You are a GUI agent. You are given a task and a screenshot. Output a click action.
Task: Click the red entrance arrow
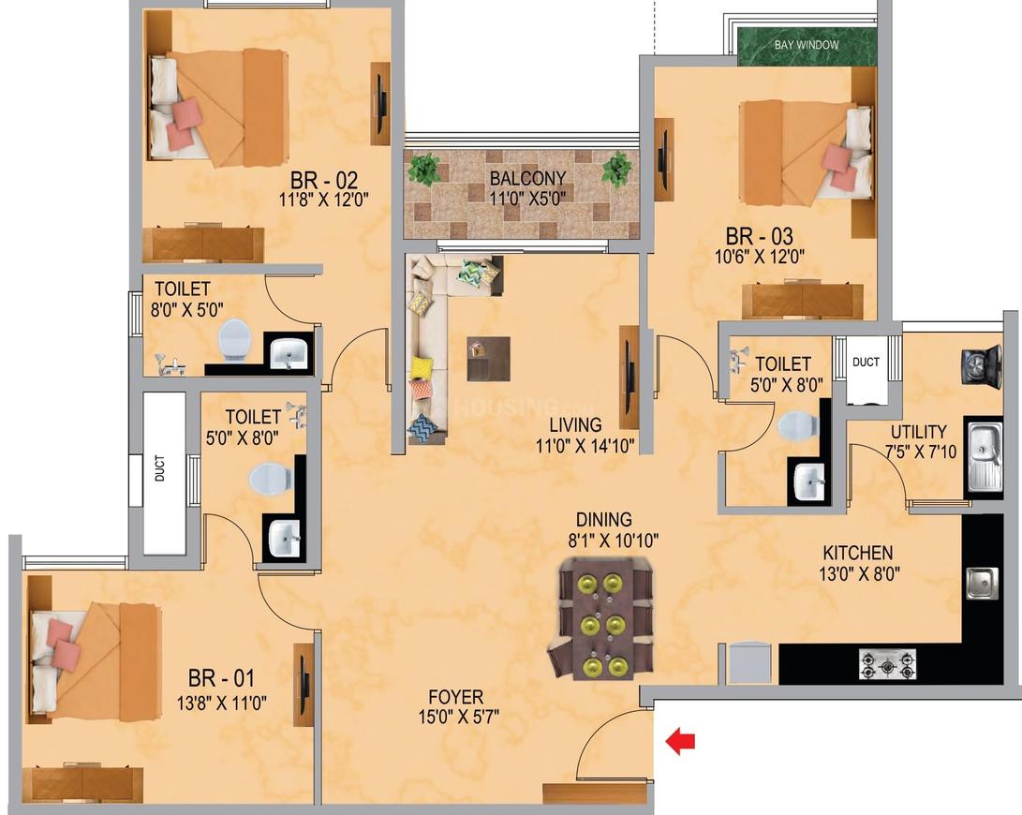click(680, 741)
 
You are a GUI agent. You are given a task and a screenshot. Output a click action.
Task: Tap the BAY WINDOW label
click(807, 45)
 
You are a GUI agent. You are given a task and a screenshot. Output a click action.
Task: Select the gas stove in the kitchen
click(887, 665)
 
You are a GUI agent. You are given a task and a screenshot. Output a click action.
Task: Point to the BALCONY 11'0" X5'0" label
click(527, 187)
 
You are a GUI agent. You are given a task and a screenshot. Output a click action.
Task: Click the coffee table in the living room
click(488, 358)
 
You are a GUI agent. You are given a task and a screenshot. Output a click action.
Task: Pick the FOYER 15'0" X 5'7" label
click(458, 706)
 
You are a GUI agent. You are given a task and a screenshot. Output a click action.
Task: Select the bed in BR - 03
click(806, 152)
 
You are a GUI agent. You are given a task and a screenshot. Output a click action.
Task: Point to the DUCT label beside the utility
click(866, 362)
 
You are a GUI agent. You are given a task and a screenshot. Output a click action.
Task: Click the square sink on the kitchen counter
click(981, 583)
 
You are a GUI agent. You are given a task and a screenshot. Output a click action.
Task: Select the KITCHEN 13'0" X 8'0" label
click(858, 563)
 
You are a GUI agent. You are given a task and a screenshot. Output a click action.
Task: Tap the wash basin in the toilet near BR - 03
click(808, 482)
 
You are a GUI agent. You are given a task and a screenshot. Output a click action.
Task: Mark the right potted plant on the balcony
click(615, 170)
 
